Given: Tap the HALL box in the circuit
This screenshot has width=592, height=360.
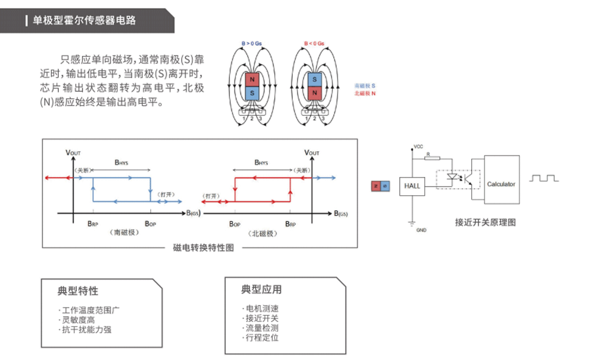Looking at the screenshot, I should point(412,185).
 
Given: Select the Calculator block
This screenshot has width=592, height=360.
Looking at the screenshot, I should point(501,184).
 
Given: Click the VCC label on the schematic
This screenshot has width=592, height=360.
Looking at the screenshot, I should point(418,146).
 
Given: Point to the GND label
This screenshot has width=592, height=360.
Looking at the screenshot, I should point(421,230).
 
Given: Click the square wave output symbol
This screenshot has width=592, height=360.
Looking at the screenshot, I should point(544,178).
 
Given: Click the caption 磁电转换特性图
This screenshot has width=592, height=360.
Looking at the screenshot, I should point(203,248).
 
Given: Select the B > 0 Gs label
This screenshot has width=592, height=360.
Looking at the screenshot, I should point(251,44).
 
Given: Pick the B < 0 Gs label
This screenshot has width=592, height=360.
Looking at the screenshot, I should point(314,44).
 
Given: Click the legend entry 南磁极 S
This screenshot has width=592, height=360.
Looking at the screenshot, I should point(364,87).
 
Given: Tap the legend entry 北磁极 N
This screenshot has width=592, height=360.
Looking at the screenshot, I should point(364,93).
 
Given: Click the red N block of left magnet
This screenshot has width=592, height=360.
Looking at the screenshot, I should point(251,79).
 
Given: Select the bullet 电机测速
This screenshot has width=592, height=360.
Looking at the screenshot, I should point(261,309).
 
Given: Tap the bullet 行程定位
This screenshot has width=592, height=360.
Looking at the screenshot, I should point(261,337).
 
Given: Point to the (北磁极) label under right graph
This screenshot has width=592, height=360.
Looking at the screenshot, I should point(264,233).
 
